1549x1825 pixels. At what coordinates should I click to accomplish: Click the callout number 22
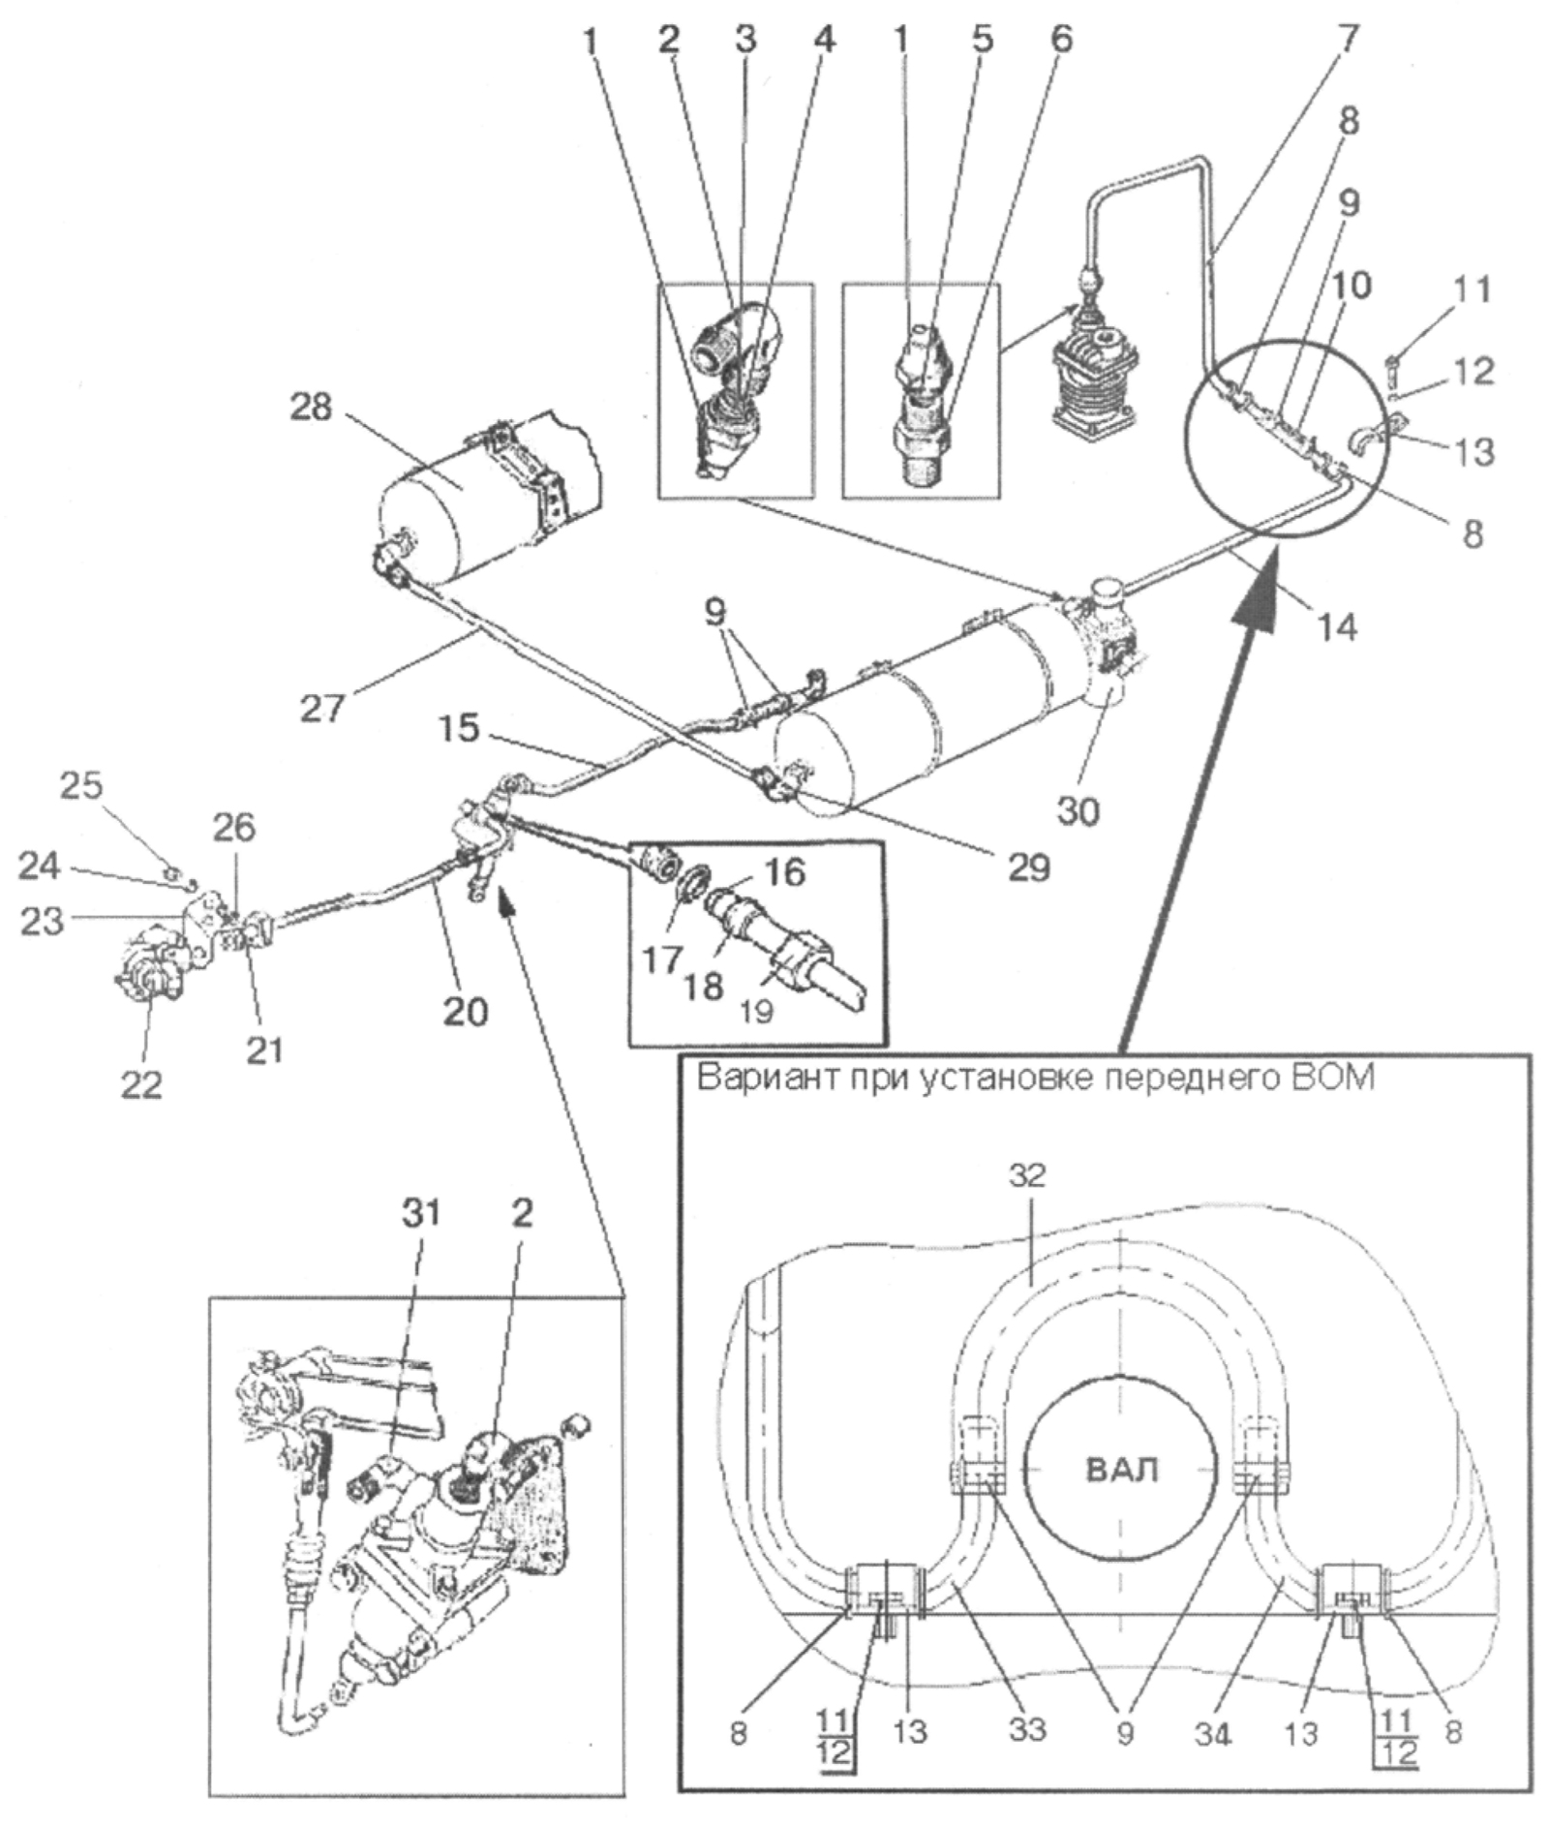click(141, 1084)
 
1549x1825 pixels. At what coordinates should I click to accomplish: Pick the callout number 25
click(81, 785)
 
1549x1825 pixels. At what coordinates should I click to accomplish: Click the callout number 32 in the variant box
click(1027, 1175)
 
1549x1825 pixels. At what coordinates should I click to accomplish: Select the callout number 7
click(1348, 39)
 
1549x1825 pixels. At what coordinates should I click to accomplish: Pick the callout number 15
click(458, 728)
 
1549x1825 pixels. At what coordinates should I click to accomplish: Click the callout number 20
click(465, 1011)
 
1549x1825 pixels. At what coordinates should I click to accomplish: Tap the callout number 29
click(1028, 867)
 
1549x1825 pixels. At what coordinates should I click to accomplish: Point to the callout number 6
click(1062, 39)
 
